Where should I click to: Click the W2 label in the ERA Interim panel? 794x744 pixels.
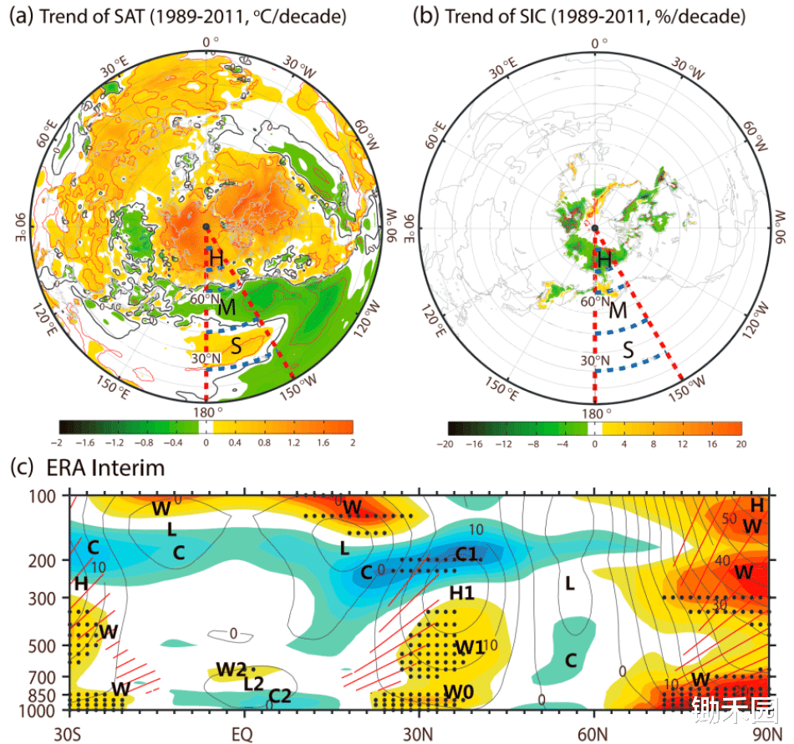coord(231,669)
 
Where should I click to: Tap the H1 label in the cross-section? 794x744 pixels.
coord(462,593)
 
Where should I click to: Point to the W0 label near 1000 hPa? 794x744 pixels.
coord(460,691)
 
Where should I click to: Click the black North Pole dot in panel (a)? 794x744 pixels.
coord(206,227)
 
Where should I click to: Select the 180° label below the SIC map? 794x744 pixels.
coord(595,412)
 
